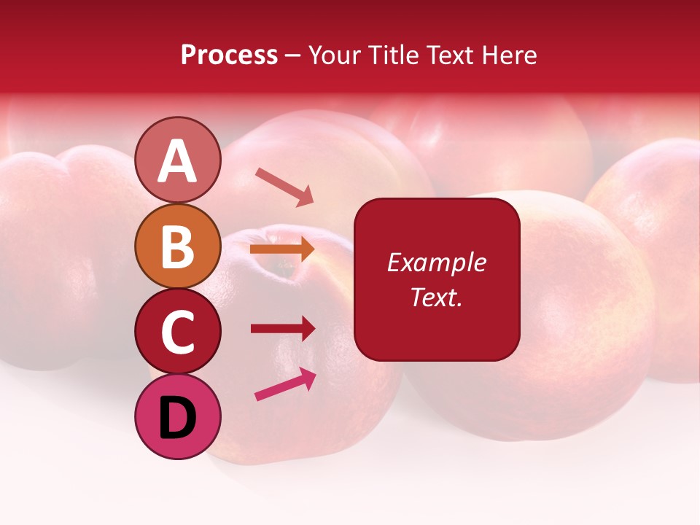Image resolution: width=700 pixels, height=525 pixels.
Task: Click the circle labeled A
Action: click(177, 160)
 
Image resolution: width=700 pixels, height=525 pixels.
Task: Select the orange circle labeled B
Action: click(177, 246)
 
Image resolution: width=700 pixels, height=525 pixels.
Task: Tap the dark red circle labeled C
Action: click(177, 331)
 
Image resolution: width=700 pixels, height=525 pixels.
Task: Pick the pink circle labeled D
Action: click(177, 416)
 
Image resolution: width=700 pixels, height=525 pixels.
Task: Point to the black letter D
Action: click(178, 419)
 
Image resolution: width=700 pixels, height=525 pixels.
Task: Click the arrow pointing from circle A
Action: click(284, 186)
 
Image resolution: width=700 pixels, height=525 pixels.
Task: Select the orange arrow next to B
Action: click(282, 249)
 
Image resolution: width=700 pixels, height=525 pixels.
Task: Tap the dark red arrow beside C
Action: click(283, 328)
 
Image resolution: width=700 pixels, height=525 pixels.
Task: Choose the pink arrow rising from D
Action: click(285, 384)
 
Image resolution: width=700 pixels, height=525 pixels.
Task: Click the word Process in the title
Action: click(229, 55)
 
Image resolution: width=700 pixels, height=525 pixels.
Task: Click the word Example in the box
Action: click(436, 262)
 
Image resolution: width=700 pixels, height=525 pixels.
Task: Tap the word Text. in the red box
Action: click(436, 297)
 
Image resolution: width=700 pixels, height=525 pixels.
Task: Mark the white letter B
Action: click(177, 247)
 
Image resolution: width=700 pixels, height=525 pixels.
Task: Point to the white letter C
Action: click(177, 332)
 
